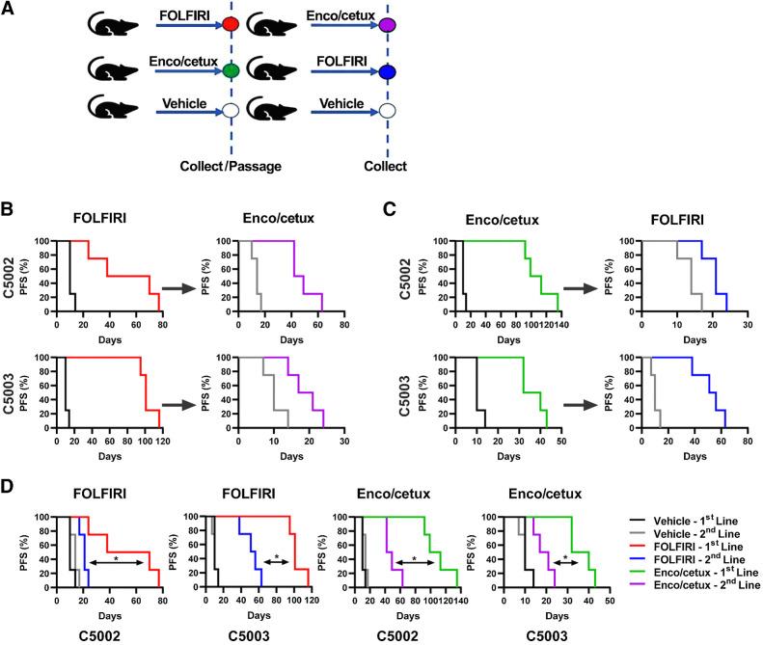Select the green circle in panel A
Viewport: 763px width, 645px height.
(x=231, y=70)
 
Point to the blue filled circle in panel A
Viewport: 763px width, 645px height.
(x=387, y=70)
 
